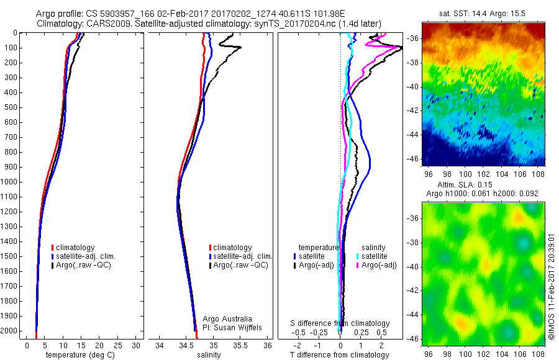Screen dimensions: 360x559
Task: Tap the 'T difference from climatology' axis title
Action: (x=339, y=355)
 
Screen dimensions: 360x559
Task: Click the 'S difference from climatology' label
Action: (x=340, y=323)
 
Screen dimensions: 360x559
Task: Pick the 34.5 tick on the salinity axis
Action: (x=186, y=344)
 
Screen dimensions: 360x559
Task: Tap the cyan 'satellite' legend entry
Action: (x=375, y=256)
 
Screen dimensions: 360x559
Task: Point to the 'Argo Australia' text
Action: (x=227, y=318)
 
